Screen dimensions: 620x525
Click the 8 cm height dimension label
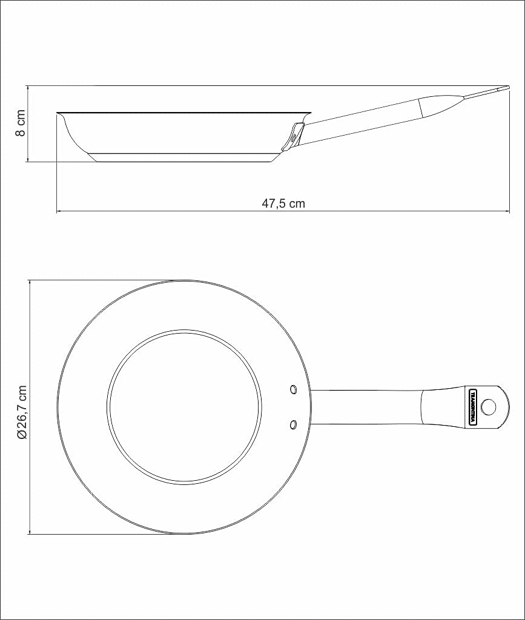pos(20,124)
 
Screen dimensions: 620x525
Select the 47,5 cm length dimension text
pos(283,204)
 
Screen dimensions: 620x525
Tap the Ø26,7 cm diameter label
pos(21,412)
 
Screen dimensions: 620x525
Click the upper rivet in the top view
pos(293,388)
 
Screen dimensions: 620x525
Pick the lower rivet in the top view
pos(293,424)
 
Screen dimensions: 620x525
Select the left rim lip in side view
pos(61,114)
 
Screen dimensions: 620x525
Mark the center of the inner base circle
pos(185,407)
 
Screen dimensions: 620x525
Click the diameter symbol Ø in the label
pos(21,435)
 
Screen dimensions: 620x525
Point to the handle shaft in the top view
pos(363,407)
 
